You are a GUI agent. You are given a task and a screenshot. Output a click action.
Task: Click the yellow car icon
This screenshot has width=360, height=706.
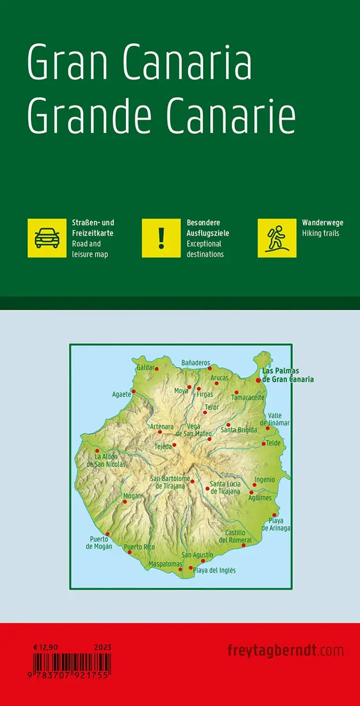[47, 238]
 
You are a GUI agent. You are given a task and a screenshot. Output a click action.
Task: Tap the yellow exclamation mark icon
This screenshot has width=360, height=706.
[161, 238]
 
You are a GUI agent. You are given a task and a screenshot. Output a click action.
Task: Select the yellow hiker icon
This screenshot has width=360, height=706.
[277, 238]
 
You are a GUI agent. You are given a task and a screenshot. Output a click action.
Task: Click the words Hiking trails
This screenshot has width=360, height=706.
[320, 233]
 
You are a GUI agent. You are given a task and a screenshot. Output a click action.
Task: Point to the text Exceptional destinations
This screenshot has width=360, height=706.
[205, 249]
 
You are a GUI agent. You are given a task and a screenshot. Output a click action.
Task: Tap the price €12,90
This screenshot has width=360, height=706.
[45, 647]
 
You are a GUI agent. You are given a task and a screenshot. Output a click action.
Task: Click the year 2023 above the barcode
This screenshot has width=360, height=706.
[103, 647]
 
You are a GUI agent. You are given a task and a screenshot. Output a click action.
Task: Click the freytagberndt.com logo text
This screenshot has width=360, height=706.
[285, 651]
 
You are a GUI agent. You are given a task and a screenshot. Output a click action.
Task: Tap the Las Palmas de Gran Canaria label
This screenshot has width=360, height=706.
[287, 375]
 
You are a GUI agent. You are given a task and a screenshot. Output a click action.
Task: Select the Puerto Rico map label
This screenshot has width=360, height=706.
[139, 547]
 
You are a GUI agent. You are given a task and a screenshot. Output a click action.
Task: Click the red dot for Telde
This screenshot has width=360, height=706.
[263, 444]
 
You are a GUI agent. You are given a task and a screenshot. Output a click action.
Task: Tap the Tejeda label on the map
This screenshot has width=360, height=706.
[163, 446]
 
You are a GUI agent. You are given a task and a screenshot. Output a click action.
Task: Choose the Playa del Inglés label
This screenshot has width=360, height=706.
[214, 570]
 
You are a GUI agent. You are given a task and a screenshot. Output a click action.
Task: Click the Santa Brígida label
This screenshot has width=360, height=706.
[239, 430]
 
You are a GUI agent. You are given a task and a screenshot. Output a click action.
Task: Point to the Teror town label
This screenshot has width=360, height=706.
[212, 407]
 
